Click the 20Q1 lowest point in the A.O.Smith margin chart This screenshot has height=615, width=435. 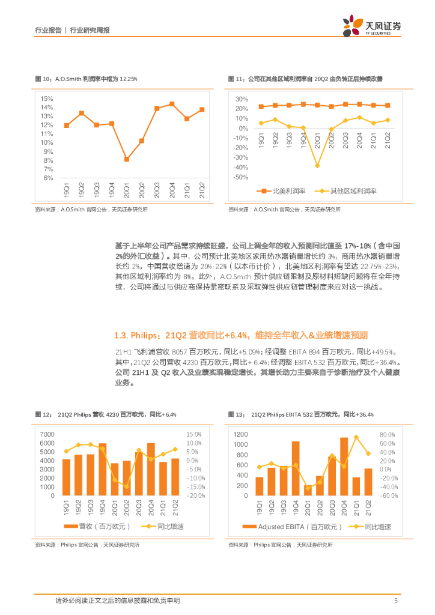(x=127, y=159)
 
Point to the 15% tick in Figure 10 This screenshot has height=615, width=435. (x=47, y=98)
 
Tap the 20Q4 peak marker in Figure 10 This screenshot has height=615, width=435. (x=172, y=104)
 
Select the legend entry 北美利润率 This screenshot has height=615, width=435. (x=282, y=191)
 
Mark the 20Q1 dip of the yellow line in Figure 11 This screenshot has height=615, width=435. (x=317, y=166)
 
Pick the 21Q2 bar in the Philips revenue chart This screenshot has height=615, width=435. (x=175, y=477)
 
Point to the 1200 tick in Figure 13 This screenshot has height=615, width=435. (x=240, y=434)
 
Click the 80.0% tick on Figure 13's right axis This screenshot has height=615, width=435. (x=387, y=434)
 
